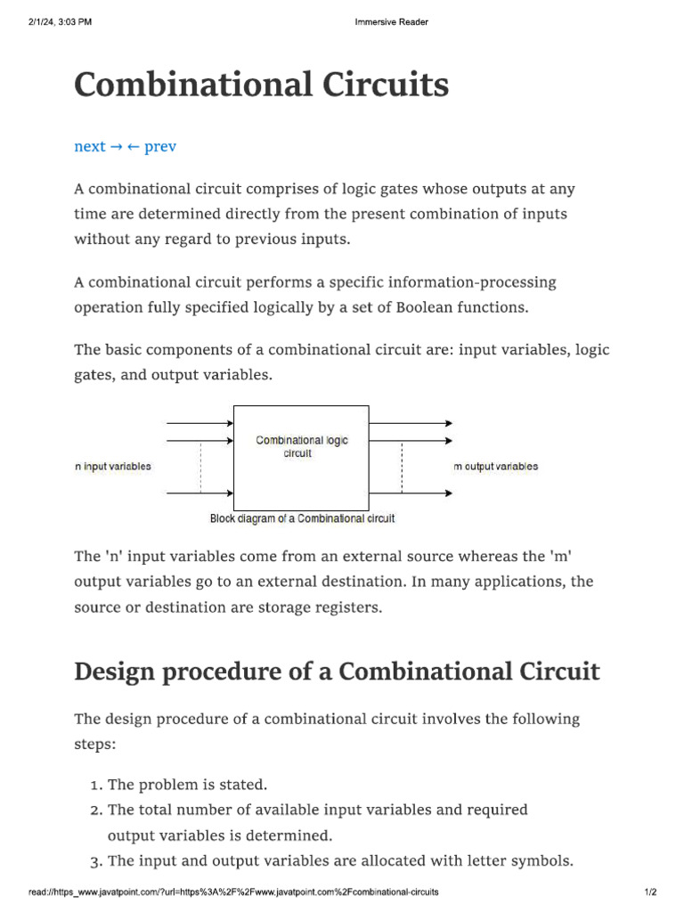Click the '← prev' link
151,146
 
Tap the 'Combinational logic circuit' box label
302,446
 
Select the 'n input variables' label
113,467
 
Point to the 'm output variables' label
495,467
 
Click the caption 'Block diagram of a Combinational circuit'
302,518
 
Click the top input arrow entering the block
200,424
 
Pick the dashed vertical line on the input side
201,466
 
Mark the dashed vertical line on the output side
403,466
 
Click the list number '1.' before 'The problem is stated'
96,786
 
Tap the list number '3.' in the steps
96,861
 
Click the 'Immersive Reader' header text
392,22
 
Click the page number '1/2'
650,892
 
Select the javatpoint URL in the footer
233,892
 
